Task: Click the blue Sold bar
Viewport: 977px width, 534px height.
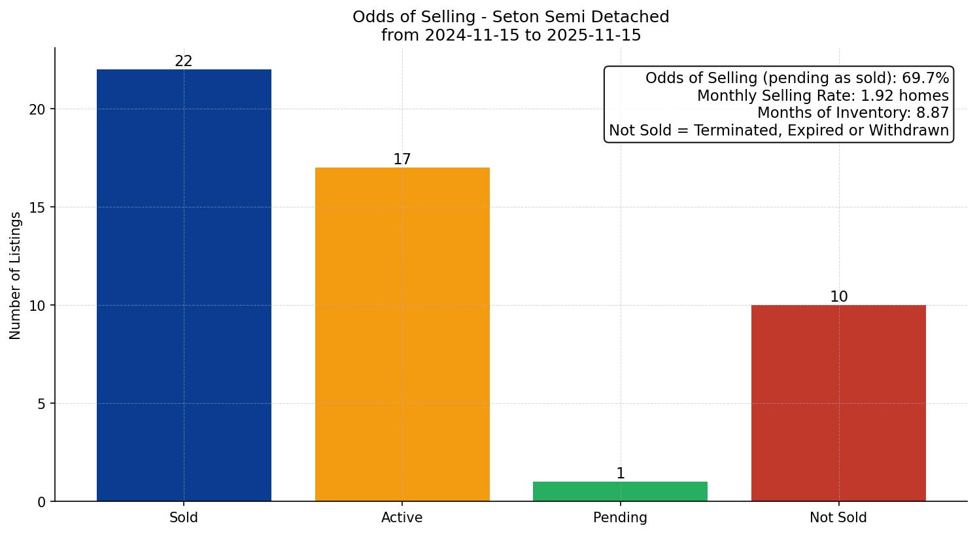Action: pyautogui.click(x=184, y=285)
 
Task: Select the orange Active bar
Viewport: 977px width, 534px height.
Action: pyautogui.click(x=402, y=334)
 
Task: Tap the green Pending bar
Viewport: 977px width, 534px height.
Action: pyautogui.click(x=620, y=491)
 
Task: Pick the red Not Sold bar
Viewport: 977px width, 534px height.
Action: pyautogui.click(x=838, y=403)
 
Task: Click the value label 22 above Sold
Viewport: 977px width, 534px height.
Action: pyautogui.click(x=184, y=62)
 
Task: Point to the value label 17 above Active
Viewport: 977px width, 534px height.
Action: pyautogui.click(x=402, y=160)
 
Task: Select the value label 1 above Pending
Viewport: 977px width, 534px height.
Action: pyautogui.click(x=620, y=474)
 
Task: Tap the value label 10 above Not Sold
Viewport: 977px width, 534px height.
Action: pyautogui.click(x=838, y=297)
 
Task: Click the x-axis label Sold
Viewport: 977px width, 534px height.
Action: pyautogui.click(x=184, y=518)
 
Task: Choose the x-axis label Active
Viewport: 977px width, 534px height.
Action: pyautogui.click(x=402, y=518)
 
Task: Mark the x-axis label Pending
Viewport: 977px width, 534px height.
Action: pyautogui.click(x=620, y=518)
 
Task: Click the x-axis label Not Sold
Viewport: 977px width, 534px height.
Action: pyautogui.click(x=838, y=518)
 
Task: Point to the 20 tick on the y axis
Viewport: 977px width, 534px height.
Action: pyautogui.click(x=37, y=109)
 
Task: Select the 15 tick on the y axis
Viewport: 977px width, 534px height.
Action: pyautogui.click(x=37, y=207)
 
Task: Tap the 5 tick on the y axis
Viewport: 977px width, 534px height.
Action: pyautogui.click(x=41, y=404)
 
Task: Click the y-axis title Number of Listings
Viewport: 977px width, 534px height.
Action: pyautogui.click(x=16, y=275)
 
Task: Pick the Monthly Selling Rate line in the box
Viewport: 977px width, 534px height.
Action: pyautogui.click(x=823, y=96)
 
